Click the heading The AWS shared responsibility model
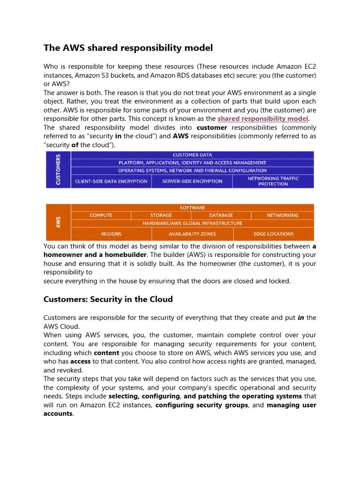pos(128,48)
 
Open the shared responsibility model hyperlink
pos(262,119)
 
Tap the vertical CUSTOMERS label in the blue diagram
pos(58,170)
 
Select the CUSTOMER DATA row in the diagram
pos(192,155)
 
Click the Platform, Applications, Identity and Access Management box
pos(192,163)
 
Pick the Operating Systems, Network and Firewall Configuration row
pos(192,171)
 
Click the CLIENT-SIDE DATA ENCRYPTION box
pos(111,181)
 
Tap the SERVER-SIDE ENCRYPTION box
pos(192,181)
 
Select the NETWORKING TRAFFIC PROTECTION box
pos(273,181)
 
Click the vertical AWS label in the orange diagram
pos(58,222)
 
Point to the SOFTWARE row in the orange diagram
pos(192,208)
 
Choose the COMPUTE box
pos(101,215)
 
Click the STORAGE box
pos(161,215)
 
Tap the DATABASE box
pos(221,215)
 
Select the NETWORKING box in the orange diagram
pos(282,215)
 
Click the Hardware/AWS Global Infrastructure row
pos(192,223)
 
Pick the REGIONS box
pos(111,234)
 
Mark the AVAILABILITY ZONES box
pos(192,234)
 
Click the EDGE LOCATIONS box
pos(273,234)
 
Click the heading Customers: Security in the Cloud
pos(108,299)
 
